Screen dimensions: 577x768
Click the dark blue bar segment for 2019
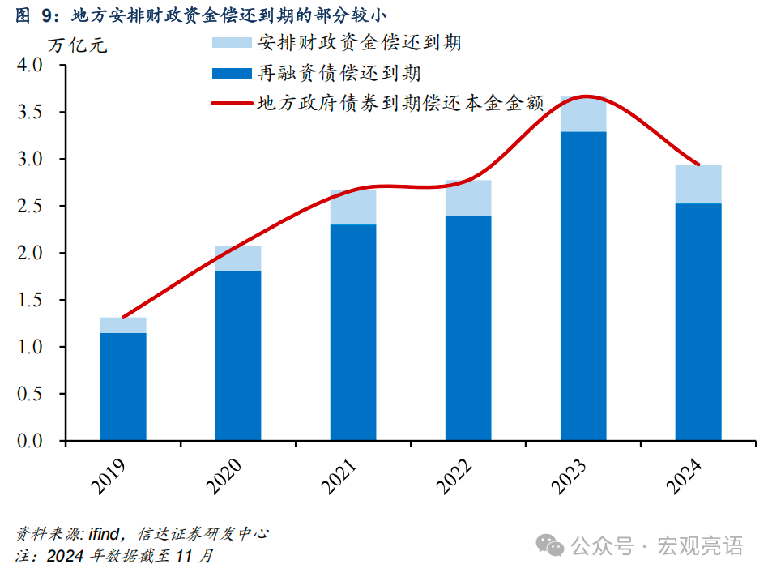123,387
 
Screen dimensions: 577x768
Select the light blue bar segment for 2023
583,114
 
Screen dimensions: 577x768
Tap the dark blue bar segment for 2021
353,332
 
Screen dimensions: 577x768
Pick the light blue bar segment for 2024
698,184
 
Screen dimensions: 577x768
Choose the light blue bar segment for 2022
468,199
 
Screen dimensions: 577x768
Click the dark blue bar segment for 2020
238,355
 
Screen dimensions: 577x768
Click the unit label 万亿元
77,45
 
